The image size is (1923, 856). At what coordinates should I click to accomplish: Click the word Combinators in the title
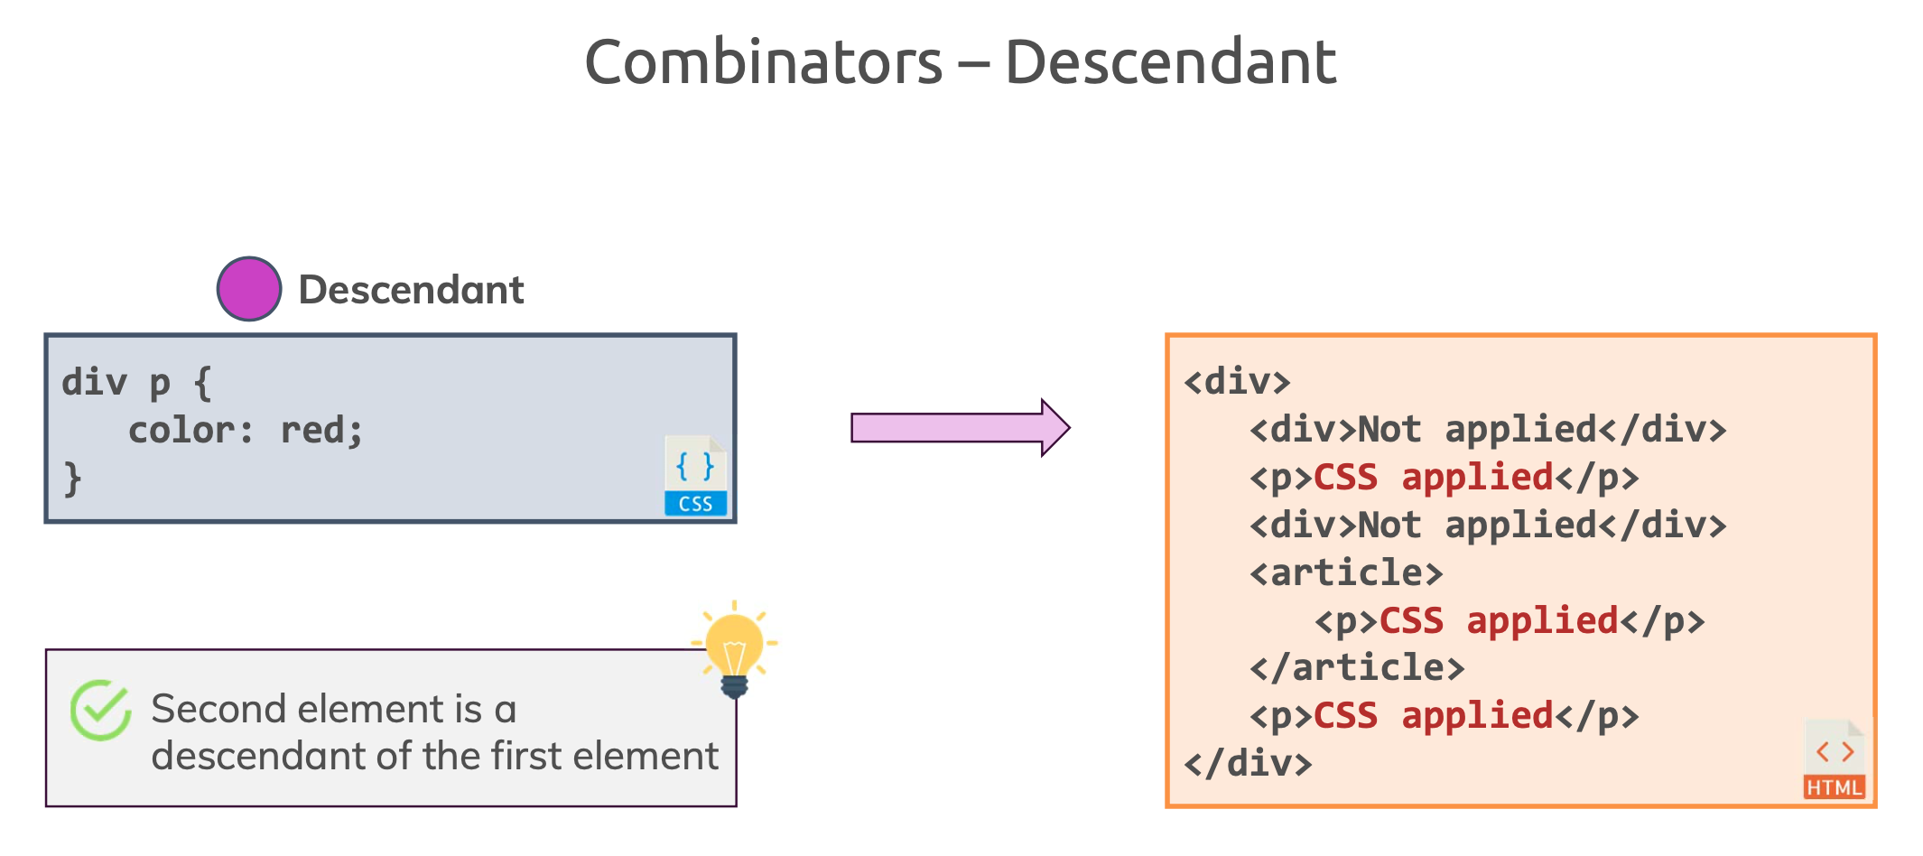[x=764, y=62]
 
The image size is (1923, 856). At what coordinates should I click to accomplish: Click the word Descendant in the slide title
[x=1170, y=62]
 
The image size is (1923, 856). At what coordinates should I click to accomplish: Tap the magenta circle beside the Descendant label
[x=249, y=289]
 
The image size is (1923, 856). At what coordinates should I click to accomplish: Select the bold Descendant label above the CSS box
[x=411, y=290]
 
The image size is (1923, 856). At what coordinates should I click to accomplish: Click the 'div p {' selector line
[x=136, y=383]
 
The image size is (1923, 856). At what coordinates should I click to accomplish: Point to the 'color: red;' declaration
[x=245, y=430]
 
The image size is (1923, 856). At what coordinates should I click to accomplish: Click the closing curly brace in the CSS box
[x=72, y=479]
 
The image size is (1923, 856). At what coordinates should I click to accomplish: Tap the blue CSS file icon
[x=696, y=476]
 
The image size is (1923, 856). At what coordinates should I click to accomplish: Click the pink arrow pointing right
[x=961, y=427]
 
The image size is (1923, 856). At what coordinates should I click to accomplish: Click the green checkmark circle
[x=101, y=711]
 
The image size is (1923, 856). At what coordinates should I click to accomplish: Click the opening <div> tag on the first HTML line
[x=1237, y=382]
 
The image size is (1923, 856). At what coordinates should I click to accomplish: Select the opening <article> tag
[x=1346, y=572]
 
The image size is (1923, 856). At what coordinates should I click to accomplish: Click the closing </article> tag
[x=1357, y=668]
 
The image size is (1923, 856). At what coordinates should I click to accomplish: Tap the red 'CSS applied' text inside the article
[x=1499, y=621]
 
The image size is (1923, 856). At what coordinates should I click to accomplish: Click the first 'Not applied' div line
[x=1488, y=430]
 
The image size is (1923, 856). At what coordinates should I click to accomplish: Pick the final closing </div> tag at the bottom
[x=1248, y=764]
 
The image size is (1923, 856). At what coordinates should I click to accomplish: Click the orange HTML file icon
[x=1834, y=759]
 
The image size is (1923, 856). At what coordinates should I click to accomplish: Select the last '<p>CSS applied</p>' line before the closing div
[x=1445, y=716]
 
